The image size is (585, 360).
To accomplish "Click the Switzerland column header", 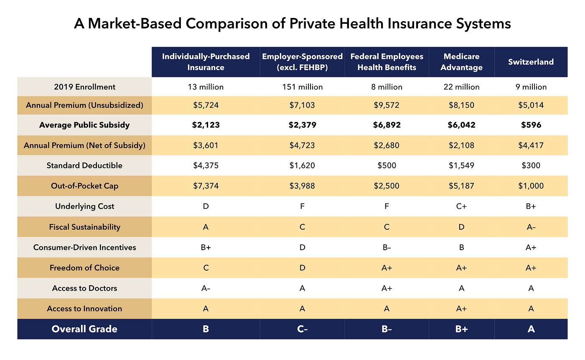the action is pos(531,62).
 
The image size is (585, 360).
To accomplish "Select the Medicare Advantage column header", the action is pos(461,62).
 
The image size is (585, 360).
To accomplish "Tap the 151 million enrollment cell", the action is pos(302,87).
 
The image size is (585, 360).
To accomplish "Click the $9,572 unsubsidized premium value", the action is pos(387,105).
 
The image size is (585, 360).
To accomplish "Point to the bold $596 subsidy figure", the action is pos(531,125).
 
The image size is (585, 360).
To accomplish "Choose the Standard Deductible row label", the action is pos(84,165).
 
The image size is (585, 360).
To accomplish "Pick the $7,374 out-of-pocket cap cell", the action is pos(206,185).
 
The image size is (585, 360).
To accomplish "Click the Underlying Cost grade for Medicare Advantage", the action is pos(461,206).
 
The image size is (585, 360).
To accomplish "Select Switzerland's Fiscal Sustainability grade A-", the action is pos(531,227).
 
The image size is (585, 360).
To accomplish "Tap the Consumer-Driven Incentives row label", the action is pos(84,247).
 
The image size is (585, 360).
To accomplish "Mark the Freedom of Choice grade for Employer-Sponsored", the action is pos(302,268).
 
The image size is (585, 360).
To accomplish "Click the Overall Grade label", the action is pos(84,329).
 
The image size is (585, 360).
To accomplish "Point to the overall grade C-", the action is pos(302,329).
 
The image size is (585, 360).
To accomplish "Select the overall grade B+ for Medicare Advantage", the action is pos(461,329).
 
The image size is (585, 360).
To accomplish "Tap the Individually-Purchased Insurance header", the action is pos(206,62).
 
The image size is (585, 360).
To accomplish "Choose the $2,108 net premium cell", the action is pos(461,145).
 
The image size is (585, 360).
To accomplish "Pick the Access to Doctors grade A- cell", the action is pos(206,288).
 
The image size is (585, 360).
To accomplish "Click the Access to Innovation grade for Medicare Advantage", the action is pos(461,309).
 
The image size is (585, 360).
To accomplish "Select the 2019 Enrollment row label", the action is pos(84,87).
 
